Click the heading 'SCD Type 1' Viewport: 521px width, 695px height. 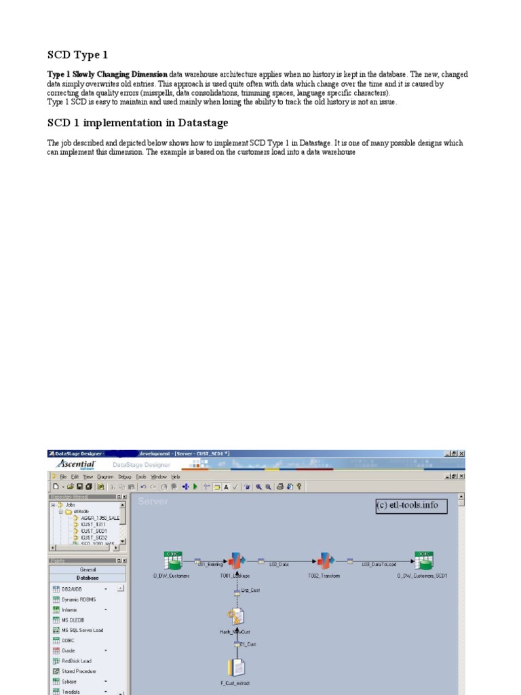click(x=77, y=55)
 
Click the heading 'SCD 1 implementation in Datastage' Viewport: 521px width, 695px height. click(x=137, y=123)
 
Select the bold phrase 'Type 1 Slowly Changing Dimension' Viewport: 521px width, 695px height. click(x=107, y=75)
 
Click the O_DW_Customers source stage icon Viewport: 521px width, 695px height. click(x=172, y=561)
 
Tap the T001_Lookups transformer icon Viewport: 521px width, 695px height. click(x=235, y=561)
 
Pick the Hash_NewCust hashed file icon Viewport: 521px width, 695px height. click(x=235, y=616)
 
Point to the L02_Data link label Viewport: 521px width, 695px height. click(x=279, y=563)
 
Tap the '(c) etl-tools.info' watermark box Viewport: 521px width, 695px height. click(x=411, y=506)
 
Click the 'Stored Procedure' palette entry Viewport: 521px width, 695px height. click(x=79, y=671)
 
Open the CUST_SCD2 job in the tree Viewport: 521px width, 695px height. click(x=94, y=537)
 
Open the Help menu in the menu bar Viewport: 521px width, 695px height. click(x=176, y=477)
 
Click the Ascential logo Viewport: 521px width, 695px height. click(x=76, y=465)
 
